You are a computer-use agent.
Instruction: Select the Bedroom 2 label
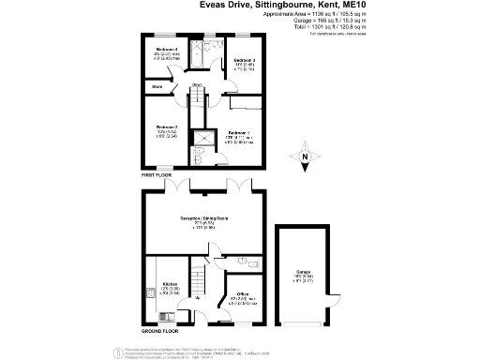tap(166, 127)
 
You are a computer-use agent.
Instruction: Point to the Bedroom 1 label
tap(238, 133)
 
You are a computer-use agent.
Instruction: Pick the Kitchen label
tap(170, 282)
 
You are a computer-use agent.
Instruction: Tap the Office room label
tap(241, 293)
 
